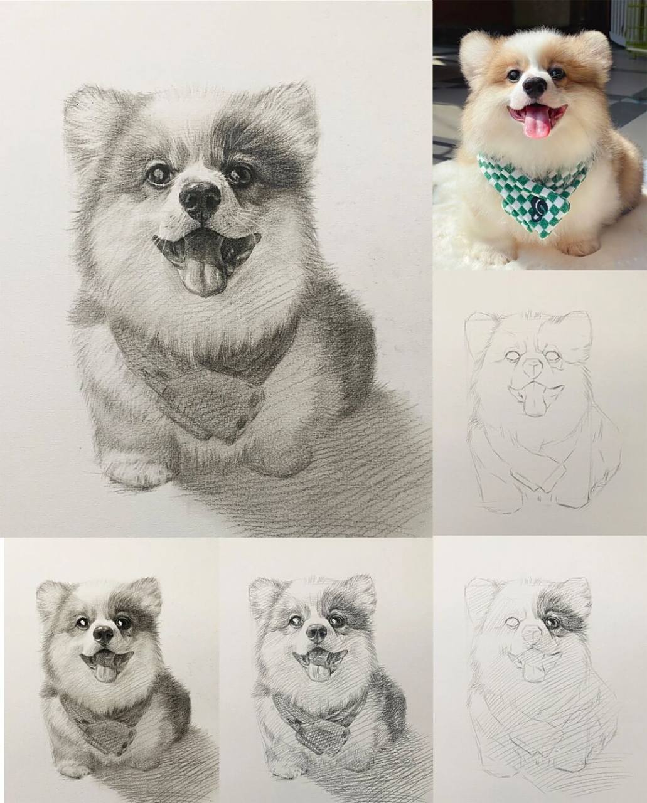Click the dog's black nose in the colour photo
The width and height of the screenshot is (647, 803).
coord(535,86)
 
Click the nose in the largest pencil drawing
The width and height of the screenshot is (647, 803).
coord(200,199)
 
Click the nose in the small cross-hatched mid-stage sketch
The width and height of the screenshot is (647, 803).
coord(317,634)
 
